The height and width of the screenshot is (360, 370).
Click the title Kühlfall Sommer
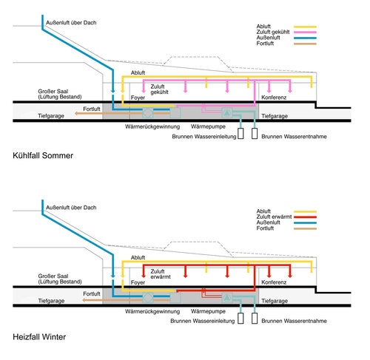tap(43, 155)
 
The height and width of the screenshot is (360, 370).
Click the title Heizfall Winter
tap(39, 337)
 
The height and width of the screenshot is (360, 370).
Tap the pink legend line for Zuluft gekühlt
tap(305, 33)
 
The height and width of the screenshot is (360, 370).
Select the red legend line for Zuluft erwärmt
tap(305, 217)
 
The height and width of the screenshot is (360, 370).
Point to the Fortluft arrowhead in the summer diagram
tap(76, 113)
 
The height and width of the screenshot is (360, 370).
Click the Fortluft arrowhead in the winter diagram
tap(84, 300)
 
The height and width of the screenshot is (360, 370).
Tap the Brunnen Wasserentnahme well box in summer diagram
tap(255, 134)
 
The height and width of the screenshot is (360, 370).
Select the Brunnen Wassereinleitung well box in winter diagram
tap(240, 318)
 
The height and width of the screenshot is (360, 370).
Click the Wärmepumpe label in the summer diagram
tap(208, 126)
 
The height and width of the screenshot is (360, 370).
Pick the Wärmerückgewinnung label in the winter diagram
tap(152, 311)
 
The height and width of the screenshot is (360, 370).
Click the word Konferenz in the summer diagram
tap(274, 98)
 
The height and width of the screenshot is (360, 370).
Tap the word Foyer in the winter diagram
tap(138, 282)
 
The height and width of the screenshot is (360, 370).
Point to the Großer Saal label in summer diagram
tap(60, 94)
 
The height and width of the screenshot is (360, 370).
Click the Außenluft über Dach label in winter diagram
tap(71, 208)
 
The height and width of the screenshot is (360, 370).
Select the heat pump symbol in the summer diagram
tap(227, 113)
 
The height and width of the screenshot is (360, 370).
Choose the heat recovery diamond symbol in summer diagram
tap(148, 113)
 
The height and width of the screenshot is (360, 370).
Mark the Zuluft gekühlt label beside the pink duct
tap(159, 89)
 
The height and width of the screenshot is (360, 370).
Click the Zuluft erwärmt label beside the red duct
tap(161, 274)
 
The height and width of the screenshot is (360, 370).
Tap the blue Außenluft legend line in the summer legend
tap(305, 38)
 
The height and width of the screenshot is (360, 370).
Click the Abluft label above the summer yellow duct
tap(138, 72)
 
